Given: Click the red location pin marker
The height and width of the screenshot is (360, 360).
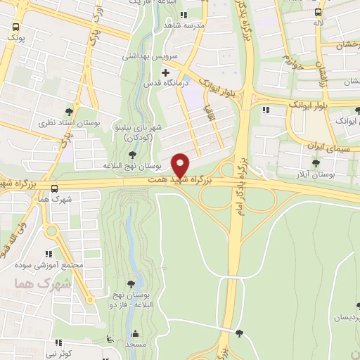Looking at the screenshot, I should pyautogui.click(x=181, y=165).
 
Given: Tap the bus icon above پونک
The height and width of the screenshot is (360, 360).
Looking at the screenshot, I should pyautogui.click(x=15, y=28).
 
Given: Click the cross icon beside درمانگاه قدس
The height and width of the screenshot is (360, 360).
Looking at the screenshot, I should pyautogui.click(x=166, y=72).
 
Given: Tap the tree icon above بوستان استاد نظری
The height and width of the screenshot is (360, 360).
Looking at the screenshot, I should pyautogui.click(x=69, y=112).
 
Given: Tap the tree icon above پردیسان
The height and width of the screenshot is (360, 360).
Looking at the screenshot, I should pyautogui.click(x=358, y=306).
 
